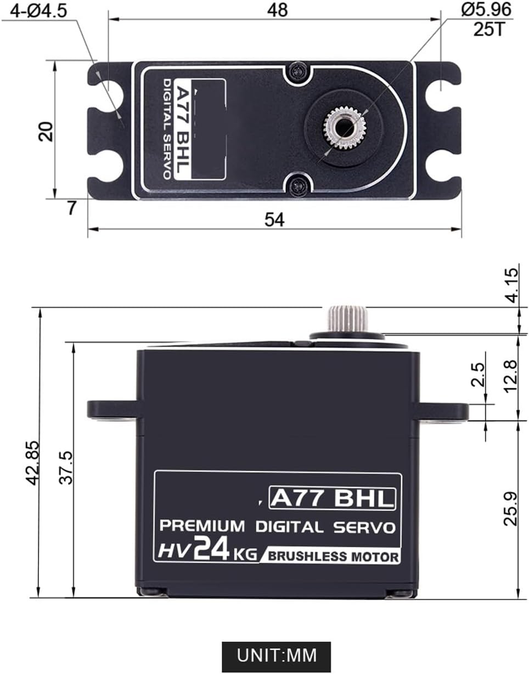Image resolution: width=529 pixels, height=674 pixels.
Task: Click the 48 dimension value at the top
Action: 278,10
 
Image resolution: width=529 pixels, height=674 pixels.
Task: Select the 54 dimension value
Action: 274,219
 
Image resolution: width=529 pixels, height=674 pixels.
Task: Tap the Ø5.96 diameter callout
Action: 486,9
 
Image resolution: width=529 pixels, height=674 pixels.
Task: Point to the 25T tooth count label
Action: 488,29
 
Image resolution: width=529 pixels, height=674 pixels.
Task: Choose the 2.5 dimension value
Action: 479,375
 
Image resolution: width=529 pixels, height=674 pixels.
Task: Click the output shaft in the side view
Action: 347,318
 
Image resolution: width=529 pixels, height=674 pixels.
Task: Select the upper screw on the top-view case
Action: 298,69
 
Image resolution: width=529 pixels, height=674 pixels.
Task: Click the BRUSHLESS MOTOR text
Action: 333,557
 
